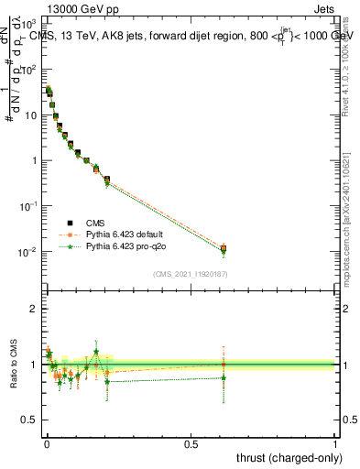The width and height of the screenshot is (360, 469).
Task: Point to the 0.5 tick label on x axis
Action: pyautogui.click(x=191, y=444)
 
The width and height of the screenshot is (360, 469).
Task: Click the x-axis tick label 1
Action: pyautogui.click(x=335, y=444)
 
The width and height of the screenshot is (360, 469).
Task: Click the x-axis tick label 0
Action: pyautogui.click(x=47, y=444)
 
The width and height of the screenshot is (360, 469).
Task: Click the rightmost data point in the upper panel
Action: pyautogui.click(x=224, y=248)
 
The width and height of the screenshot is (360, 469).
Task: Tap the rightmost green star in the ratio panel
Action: pyautogui.click(x=224, y=377)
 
